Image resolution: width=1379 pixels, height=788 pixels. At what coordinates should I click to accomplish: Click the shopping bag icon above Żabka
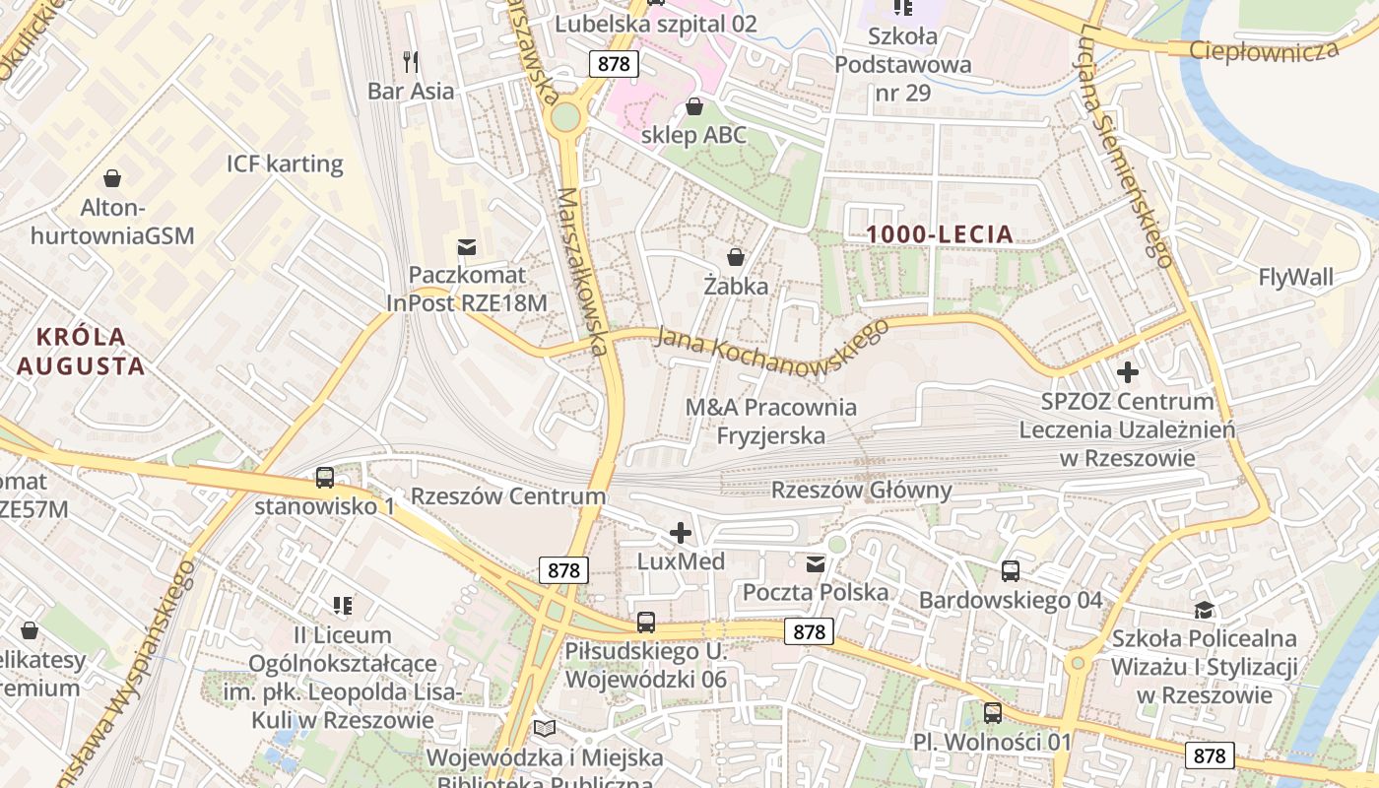735,257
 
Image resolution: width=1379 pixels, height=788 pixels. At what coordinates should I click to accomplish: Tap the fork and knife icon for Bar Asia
411,62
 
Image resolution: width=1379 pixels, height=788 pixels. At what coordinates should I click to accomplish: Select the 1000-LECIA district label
940,233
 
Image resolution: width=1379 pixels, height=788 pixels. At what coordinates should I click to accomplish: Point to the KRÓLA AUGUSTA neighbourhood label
81,352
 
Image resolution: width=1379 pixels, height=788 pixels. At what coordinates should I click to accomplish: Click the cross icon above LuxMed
680,533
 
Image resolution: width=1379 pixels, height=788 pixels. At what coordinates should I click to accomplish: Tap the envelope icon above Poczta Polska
816,564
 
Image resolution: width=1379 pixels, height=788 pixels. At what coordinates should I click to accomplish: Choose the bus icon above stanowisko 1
324,478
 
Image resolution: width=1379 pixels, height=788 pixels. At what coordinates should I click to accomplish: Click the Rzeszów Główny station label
861,490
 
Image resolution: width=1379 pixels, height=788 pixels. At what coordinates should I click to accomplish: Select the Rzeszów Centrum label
508,495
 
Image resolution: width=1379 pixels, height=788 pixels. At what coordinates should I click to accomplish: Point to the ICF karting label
285,164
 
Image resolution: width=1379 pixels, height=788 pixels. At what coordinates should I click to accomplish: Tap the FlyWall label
1295,278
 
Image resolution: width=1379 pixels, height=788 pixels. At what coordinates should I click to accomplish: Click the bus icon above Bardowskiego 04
1010,571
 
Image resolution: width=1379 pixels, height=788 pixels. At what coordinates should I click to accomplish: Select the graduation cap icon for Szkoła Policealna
1203,611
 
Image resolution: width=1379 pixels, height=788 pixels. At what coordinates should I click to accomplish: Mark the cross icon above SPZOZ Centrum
1128,372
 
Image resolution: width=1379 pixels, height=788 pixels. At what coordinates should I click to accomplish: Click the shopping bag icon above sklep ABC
694,106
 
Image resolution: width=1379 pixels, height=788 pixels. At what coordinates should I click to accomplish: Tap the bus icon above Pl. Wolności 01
992,712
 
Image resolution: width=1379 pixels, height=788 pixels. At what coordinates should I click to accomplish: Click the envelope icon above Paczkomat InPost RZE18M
466,245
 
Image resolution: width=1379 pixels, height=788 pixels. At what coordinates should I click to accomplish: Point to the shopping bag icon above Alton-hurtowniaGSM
112,178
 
